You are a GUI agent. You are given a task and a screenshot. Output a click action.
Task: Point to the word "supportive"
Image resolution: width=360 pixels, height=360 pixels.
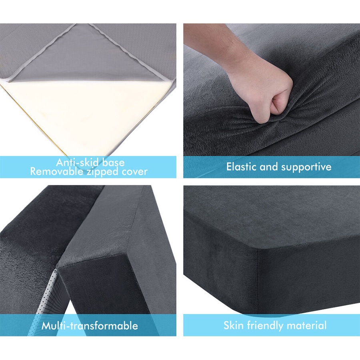[x=306, y=167]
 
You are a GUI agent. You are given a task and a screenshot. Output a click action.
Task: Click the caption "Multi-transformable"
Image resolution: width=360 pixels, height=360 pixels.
[x=90, y=326]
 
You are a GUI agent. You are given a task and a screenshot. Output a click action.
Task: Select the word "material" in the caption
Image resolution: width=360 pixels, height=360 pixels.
[x=307, y=325]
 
